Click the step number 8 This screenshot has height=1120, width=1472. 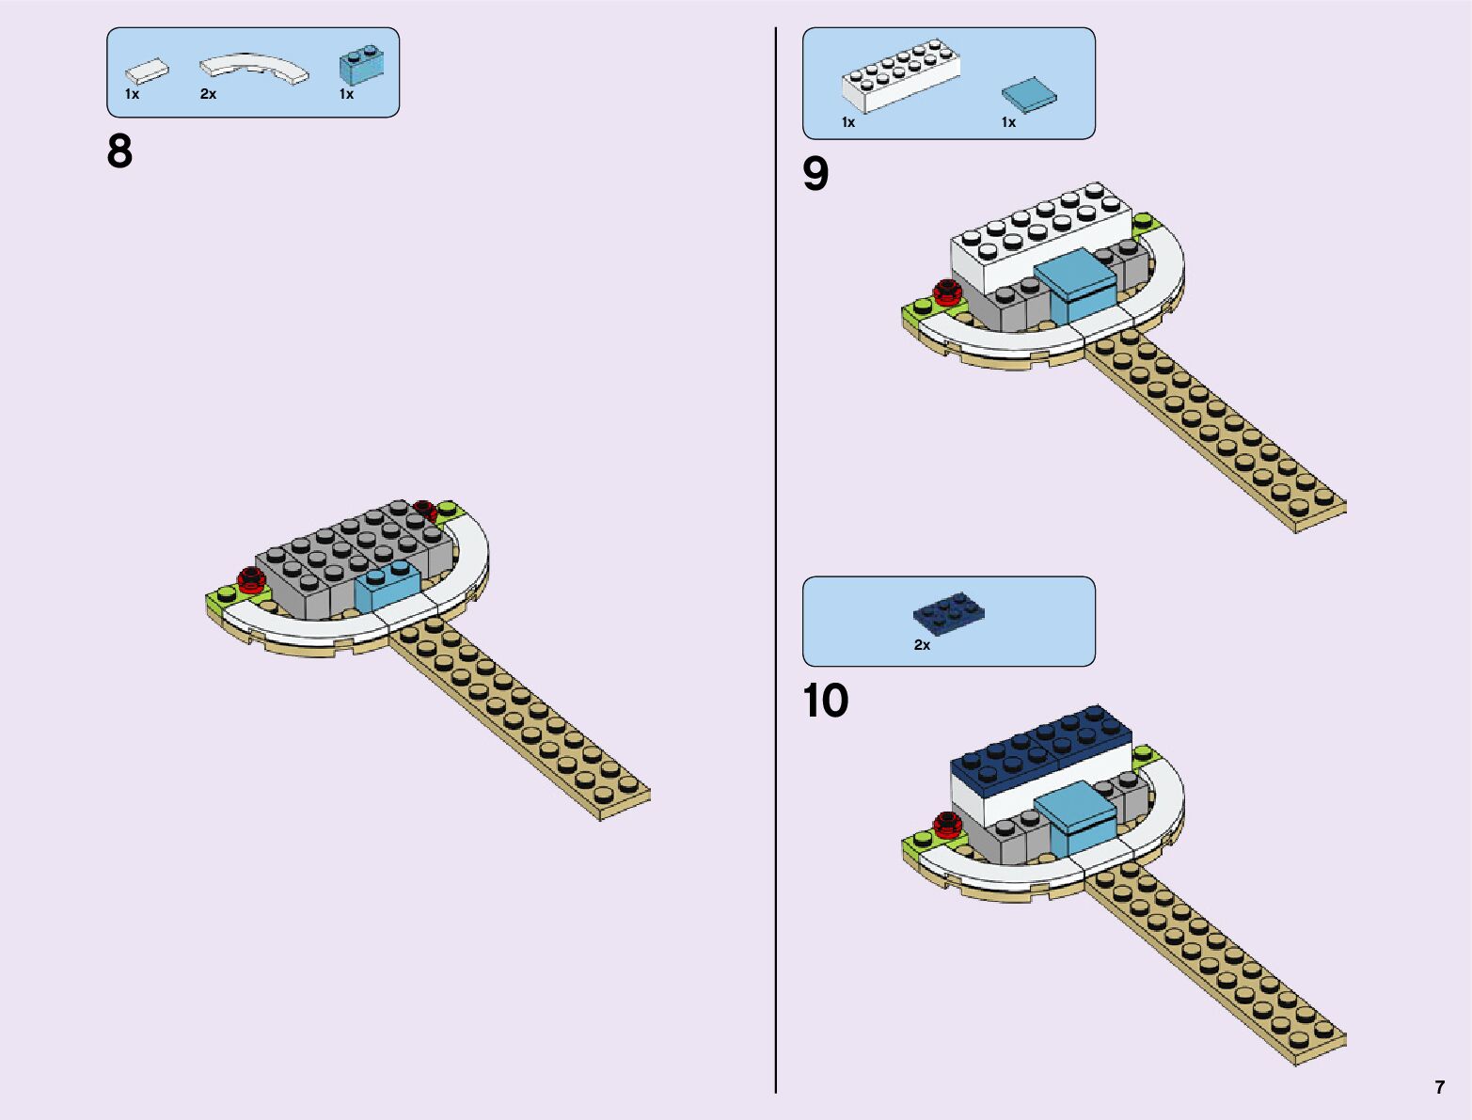pyautogui.click(x=120, y=151)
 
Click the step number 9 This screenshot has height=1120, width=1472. pyautogui.click(x=815, y=174)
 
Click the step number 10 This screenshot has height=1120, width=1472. pyautogui.click(x=825, y=701)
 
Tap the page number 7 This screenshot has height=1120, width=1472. pyautogui.click(x=1439, y=1088)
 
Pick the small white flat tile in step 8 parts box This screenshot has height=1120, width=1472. pyautogui.click(x=148, y=70)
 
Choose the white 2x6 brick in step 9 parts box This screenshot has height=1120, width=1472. pyautogui.click(x=901, y=77)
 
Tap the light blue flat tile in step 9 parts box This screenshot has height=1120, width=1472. pyautogui.click(x=1028, y=95)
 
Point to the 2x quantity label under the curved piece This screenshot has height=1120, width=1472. pyautogui.click(x=208, y=94)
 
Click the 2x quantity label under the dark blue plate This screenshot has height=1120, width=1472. pyautogui.click(x=922, y=645)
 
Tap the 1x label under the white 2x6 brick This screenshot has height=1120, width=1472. pyautogui.click(x=848, y=122)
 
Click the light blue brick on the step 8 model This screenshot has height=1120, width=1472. pyautogui.click(x=387, y=587)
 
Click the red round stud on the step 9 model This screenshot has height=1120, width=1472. pyautogui.click(x=945, y=294)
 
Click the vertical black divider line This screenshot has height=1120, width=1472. pyautogui.click(x=776, y=564)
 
